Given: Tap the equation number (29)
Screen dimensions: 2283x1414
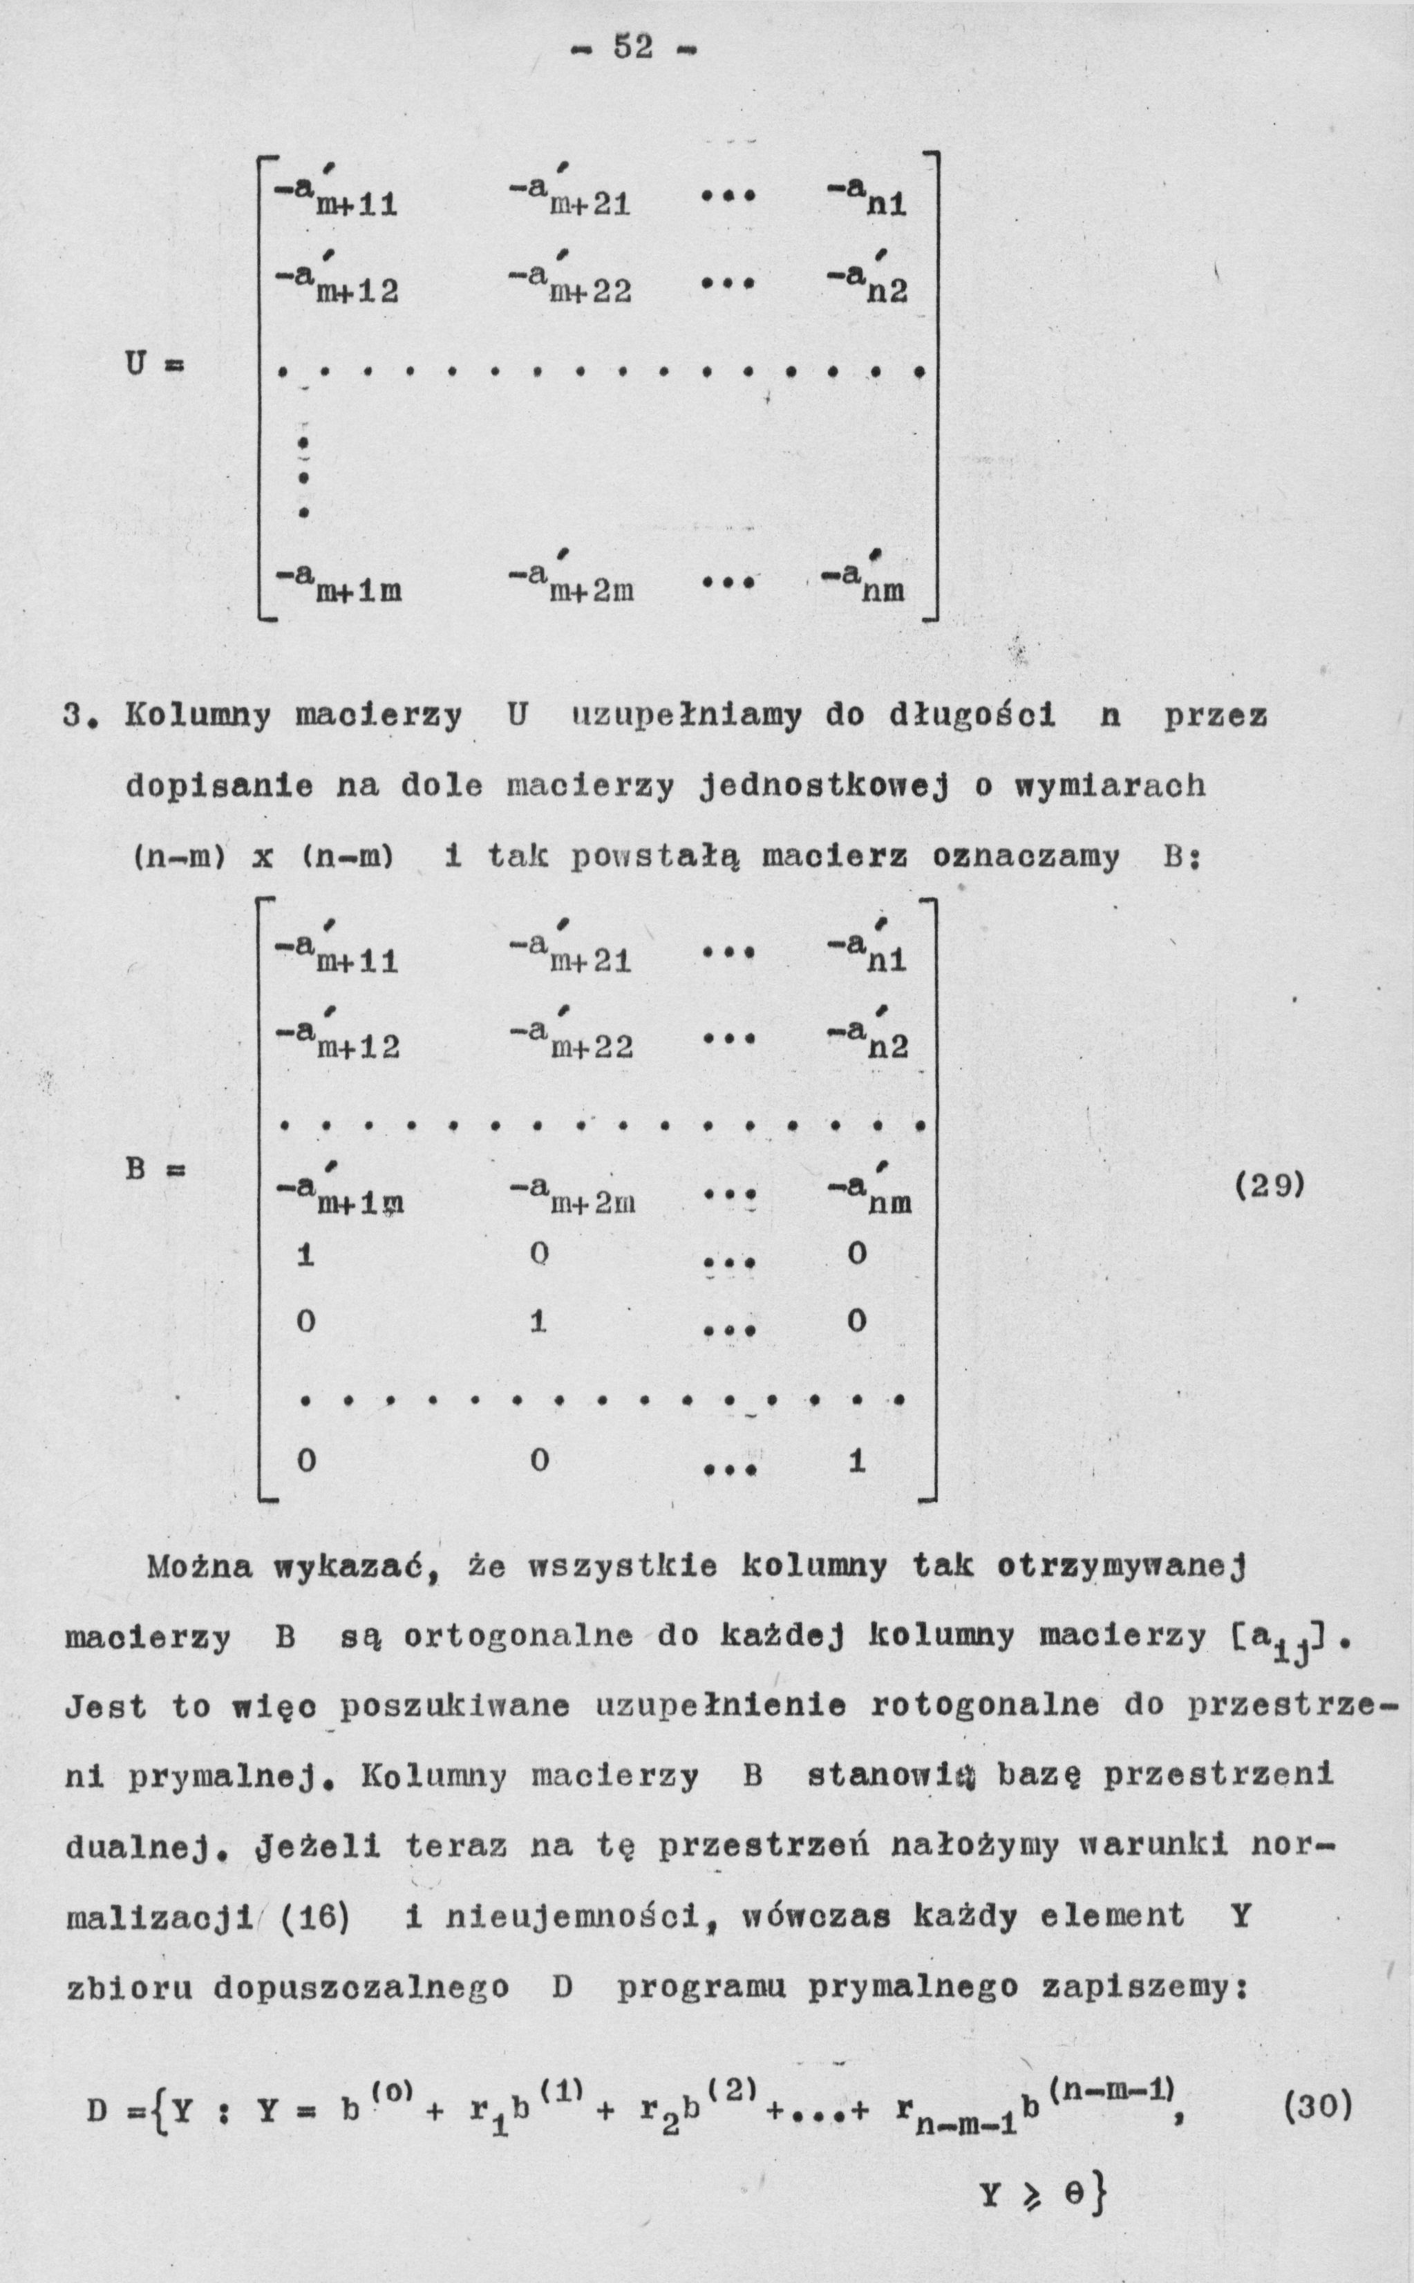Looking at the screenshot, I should pos(1269,1186).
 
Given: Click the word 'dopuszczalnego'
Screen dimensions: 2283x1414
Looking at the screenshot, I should pos(361,1987).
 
